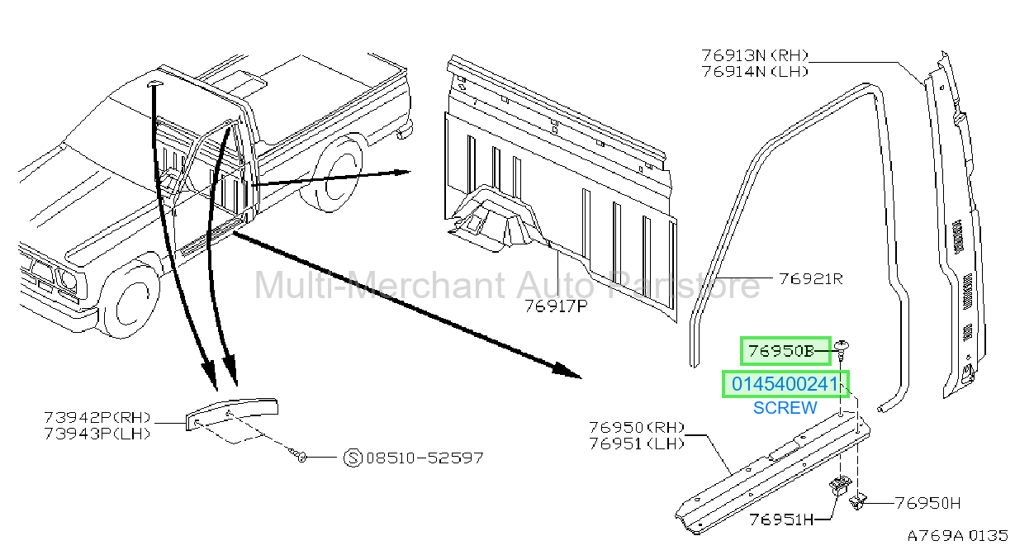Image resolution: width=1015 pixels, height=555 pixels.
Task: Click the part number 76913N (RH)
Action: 755,55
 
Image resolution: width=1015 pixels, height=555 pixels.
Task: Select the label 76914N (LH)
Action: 755,72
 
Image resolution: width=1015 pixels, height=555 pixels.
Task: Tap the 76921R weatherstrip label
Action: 811,278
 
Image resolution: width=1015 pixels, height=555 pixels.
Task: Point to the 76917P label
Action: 556,306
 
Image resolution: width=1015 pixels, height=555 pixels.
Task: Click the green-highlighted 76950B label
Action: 780,351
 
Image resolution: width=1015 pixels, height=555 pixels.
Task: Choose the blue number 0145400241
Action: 785,384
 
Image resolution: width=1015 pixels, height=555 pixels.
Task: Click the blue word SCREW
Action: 785,408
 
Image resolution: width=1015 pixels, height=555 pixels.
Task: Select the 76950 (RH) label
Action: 637,427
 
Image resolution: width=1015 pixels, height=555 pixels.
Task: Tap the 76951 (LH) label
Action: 637,444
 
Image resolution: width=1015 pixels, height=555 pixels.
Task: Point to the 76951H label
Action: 781,519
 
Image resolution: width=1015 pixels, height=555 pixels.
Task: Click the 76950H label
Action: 927,503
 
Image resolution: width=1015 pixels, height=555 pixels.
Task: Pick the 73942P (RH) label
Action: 97,417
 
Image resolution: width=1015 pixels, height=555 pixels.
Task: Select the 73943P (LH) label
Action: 97,434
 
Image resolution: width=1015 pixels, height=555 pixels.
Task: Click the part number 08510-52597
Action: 424,458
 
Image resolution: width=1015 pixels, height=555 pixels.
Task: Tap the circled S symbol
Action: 353,458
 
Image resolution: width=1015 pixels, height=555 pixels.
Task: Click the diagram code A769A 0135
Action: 957,536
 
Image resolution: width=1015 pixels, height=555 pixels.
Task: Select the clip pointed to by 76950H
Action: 857,501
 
